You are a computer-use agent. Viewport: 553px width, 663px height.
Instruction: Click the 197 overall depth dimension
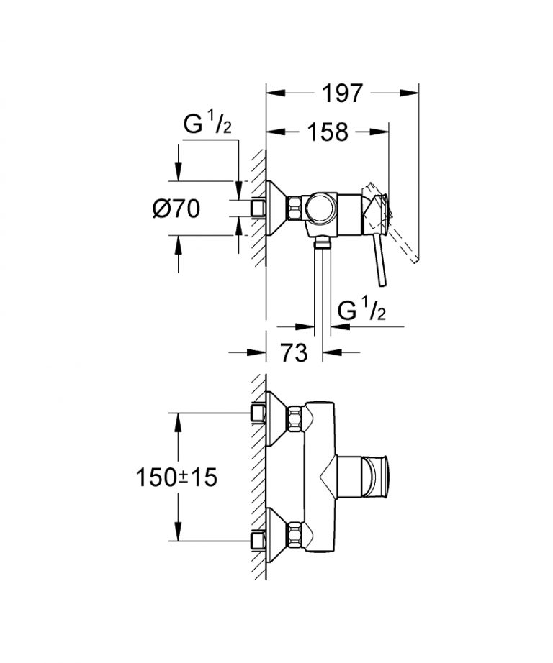[x=343, y=93]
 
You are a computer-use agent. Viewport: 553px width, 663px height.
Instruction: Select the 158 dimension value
[x=328, y=132]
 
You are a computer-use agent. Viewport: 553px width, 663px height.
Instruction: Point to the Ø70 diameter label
[x=176, y=209]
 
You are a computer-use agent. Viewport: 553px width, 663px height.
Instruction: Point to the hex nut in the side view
[x=296, y=209]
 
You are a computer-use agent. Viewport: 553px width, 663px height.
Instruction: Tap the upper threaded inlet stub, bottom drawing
[x=258, y=413]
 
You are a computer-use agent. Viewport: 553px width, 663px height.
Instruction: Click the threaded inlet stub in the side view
[x=258, y=209]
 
